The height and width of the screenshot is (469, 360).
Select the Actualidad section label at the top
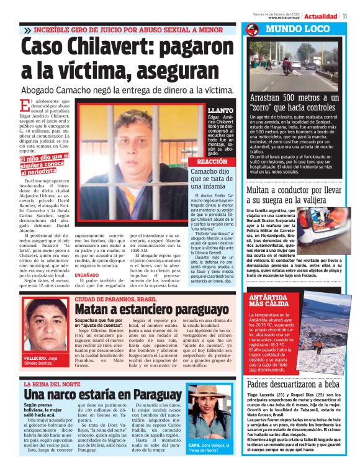[x=321, y=16]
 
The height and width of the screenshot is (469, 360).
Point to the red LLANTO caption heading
[x=221, y=109]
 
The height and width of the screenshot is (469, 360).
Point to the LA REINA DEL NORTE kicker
[x=58, y=385]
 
